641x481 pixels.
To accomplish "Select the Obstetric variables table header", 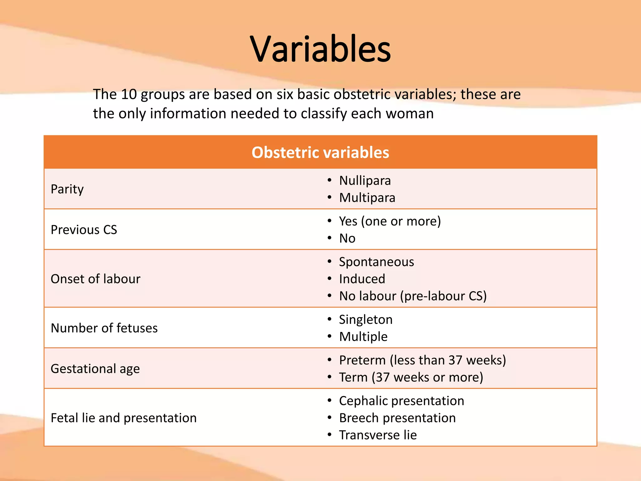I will [x=320, y=153].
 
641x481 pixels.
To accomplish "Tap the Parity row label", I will [x=67, y=189].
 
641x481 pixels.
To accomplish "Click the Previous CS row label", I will [x=84, y=230].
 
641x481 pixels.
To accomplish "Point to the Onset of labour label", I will [x=95, y=279].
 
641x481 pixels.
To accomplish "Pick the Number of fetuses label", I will [x=104, y=328].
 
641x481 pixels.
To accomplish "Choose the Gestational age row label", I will [x=95, y=369].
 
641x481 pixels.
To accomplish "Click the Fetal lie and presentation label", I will [x=124, y=418].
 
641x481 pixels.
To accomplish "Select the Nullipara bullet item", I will [x=365, y=181].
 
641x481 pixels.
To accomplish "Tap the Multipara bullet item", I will [x=367, y=198].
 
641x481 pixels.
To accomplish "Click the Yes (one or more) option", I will [x=390, y=221].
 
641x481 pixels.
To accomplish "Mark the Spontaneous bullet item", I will [x=376, y=262].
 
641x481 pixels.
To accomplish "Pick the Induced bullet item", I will [x=362, y=279].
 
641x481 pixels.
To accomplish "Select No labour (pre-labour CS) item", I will [x=413, y=296].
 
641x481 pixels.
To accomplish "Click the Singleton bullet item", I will [x=366, y=320].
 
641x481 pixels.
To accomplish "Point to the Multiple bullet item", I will [x=363, y=337].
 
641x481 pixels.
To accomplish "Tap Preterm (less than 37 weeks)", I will [x=423, y=360].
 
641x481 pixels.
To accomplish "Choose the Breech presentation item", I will [x=397, y=418].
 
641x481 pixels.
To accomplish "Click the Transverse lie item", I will [x=378, y=435].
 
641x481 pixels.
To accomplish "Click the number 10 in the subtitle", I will [x=129, y=94].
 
